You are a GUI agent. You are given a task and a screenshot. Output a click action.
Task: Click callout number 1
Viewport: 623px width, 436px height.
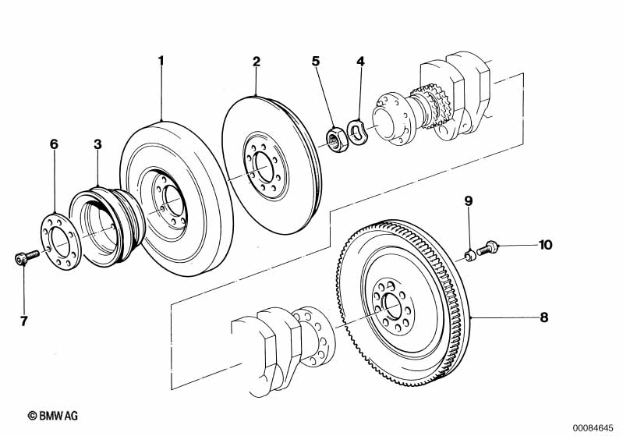pos(161,61)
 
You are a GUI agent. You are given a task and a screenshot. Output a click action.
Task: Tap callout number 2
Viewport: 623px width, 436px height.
pos(257,62)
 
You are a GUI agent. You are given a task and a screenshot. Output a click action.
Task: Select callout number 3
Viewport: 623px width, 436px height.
pos(97,144)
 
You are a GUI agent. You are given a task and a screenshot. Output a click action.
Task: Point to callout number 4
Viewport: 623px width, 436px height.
pos(360,61)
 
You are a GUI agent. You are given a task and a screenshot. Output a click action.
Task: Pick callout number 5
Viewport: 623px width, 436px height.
pos(315,61)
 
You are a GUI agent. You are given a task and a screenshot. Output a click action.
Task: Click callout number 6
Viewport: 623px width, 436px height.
pos(54,144)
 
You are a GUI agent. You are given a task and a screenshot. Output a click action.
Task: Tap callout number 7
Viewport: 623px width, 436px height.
pos(24,321)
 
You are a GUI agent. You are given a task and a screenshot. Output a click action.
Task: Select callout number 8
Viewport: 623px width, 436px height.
pos(544,317)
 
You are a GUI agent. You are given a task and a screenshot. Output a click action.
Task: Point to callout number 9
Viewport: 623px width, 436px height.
pos(469,201)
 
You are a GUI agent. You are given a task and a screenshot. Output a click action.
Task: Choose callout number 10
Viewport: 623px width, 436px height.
pos(546,245)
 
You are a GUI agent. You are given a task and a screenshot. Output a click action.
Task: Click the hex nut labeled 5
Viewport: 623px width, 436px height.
pos(338,139)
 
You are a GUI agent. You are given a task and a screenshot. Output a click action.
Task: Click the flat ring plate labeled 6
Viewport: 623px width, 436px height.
pos(62,241)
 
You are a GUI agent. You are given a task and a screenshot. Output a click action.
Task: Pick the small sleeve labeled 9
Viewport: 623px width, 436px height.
pos(470,255)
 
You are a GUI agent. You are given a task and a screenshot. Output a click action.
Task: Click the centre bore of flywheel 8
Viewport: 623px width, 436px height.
pos(392,306)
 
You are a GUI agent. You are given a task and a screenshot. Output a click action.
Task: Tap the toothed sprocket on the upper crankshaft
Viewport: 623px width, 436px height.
pos(432,105)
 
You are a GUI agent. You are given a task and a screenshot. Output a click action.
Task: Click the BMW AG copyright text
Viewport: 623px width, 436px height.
pos(53,416)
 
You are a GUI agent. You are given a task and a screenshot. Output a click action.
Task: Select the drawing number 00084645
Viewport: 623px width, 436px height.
pos(593,427)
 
